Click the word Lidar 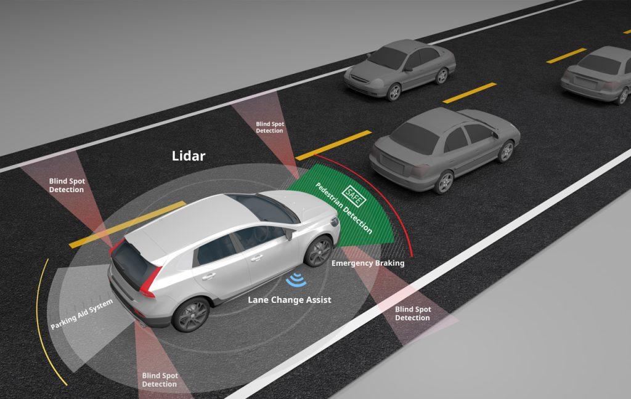click(188, 156)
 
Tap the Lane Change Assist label click(290, 300)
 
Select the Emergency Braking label click(368, 263)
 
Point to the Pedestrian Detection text click(344, 208)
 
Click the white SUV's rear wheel click(191, 314)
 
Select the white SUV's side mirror click(288, 234)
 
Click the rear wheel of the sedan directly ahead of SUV click(443, 182)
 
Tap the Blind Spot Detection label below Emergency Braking click(412, 313)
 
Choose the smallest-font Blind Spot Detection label click(269, 127)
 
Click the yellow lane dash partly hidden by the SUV click(123, 225)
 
